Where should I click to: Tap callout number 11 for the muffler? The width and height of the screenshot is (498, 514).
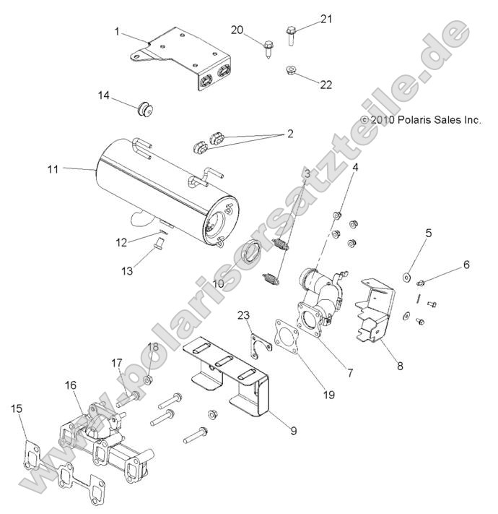tap(53, 168)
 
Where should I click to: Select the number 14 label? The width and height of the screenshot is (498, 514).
tap(105, 95)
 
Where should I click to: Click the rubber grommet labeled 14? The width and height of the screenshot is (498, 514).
tap(147, 110)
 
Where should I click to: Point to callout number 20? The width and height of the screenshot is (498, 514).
tap(237, 30)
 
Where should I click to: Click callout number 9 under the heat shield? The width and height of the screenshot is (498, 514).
tap(294, 431)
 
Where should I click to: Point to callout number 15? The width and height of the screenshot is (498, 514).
tap(17, 409)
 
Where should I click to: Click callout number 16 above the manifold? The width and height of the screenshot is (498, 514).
tap(71, 385)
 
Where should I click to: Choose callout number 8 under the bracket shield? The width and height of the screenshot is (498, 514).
tap(400, 366)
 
